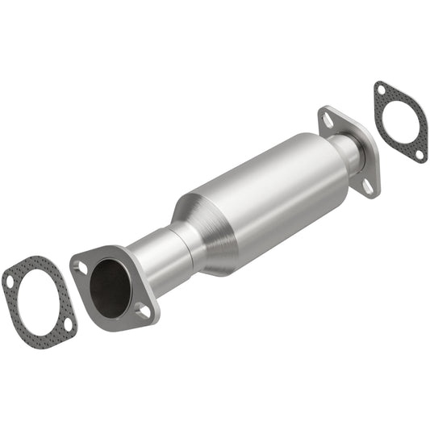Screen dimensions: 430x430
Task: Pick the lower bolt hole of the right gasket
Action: pyautogui.click(x=419, y=153)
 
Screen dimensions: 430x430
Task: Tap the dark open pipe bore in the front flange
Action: pyautogui.click(x=109, y=286)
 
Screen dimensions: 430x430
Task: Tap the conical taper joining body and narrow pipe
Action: pyautogui.click(x=206, y=230)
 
